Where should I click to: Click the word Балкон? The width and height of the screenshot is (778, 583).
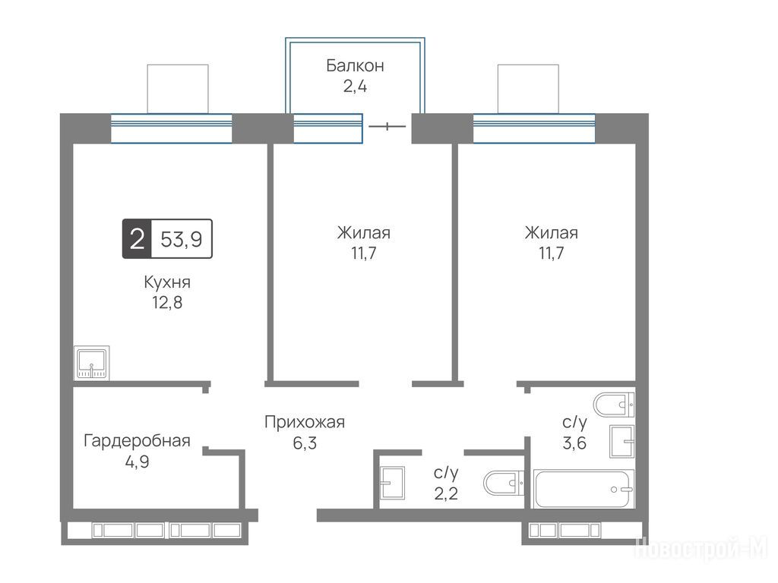click(355, 65)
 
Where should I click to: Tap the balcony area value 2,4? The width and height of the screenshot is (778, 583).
click(355, 87)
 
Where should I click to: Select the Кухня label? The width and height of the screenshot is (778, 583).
click(167, 282)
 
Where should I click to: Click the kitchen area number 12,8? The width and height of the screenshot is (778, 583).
click(167, 302)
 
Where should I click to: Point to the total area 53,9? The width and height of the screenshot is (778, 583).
click(182, 239)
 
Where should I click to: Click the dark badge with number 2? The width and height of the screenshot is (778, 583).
click(137, 238)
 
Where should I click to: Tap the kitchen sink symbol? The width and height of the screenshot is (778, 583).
click(91, 362)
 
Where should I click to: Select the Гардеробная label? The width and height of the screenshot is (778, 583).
click(137, 441)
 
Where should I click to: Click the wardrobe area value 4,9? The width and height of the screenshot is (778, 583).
click(137, 462)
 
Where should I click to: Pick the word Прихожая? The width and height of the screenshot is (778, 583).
click(305, 422)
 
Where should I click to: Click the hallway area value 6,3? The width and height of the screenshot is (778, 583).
click(305, 443)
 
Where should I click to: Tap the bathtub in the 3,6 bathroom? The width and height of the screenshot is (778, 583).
click(583, 489)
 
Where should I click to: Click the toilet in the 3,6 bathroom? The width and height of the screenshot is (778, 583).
click(614, 405)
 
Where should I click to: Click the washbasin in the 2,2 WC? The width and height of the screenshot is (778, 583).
click(392, 483)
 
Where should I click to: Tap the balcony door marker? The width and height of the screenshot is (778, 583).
click(387, 127)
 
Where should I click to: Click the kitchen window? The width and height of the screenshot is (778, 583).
click(171, 128)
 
